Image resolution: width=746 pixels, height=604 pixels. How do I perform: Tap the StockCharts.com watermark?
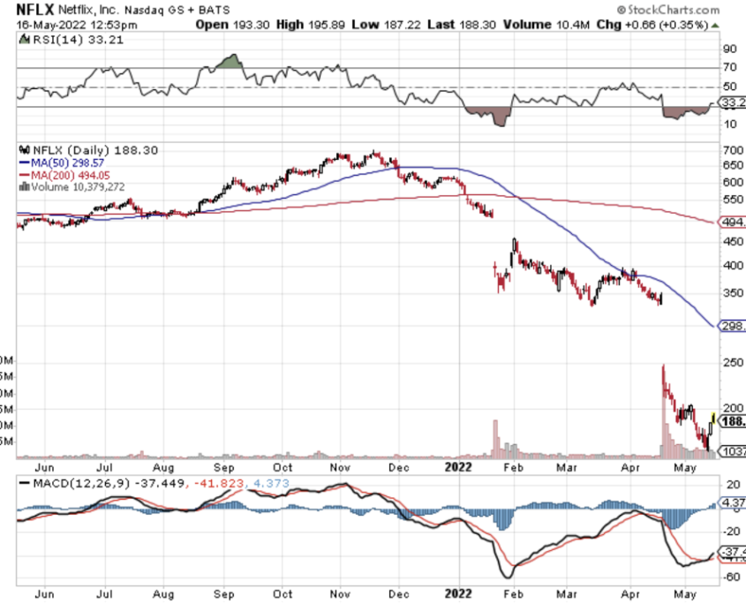coord(673,8)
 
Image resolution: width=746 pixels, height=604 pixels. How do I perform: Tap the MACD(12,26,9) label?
coord(75,484)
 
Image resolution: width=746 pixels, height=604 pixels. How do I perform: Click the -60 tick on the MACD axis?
coord(729,577)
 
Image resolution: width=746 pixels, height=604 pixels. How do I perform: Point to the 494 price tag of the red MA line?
coord(733,223)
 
